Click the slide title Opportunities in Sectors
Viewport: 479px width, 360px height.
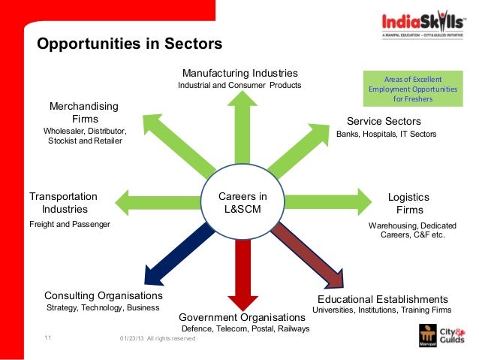pos(129,44)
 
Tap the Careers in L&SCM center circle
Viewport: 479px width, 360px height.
pos(242,203)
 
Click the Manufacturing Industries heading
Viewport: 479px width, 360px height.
pos(240,73)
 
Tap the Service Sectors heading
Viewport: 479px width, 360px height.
pos(384,121)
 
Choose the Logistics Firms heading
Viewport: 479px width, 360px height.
pos(409,203)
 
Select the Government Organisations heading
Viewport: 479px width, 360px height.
pos(243,316)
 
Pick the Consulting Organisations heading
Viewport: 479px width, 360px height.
pos(104,295)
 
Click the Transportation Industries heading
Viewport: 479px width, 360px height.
pos(64,203)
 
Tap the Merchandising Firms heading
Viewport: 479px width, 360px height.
pos(83,113)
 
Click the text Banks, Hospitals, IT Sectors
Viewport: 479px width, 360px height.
pos(386,135)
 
